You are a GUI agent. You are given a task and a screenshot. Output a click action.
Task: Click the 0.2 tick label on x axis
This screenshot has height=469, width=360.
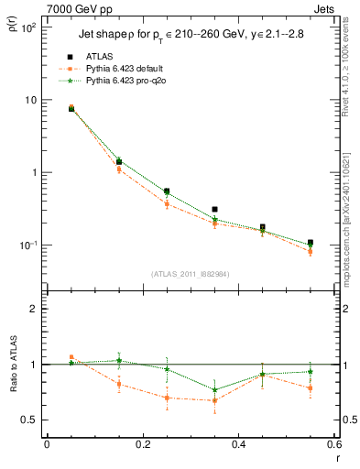[142, 445]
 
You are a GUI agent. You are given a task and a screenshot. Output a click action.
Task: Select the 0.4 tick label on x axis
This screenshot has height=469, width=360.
[238, 445]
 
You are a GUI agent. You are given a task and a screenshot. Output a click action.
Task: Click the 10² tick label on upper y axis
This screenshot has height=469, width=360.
[27, 27]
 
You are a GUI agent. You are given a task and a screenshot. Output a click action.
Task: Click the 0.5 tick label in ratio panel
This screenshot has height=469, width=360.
[29, 420]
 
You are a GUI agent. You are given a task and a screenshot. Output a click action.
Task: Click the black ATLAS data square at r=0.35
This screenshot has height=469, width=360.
[214, 210]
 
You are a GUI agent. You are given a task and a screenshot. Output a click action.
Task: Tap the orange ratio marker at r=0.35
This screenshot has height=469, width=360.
[214, 400]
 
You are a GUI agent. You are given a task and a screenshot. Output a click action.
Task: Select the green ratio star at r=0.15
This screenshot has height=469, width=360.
[118, 360]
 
